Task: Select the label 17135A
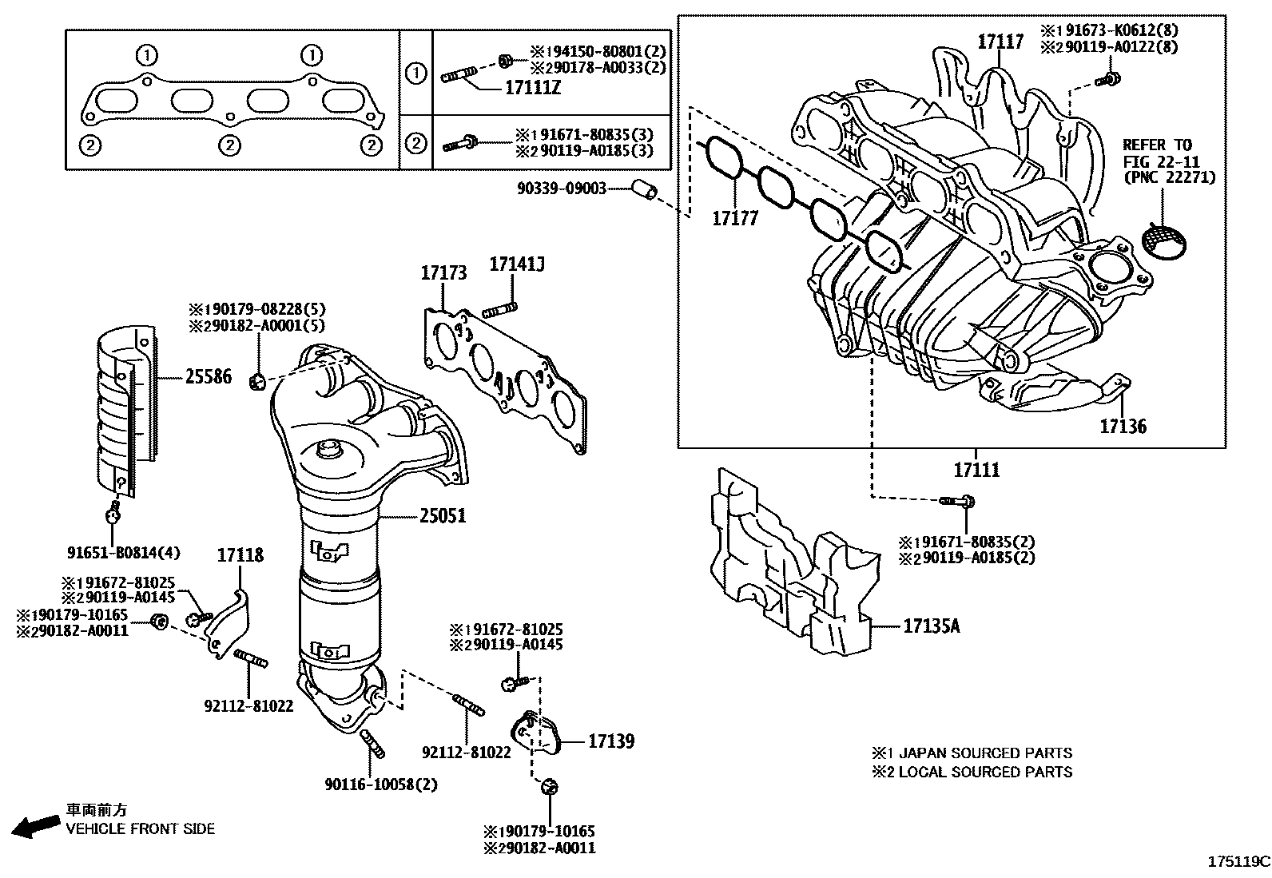[x=932, y=626]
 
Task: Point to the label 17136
[x=1123, y=426]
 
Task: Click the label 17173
[x=443, y=273]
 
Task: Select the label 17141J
[x=517, y=264]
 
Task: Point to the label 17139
[x=611, y=741]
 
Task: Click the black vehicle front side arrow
[x=36, y=825]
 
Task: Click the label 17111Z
[x=533, y=88]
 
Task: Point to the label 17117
[x=1000, y=41]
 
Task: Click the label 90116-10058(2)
[x=381, y=784]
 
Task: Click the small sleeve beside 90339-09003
[x=644, y=190]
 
